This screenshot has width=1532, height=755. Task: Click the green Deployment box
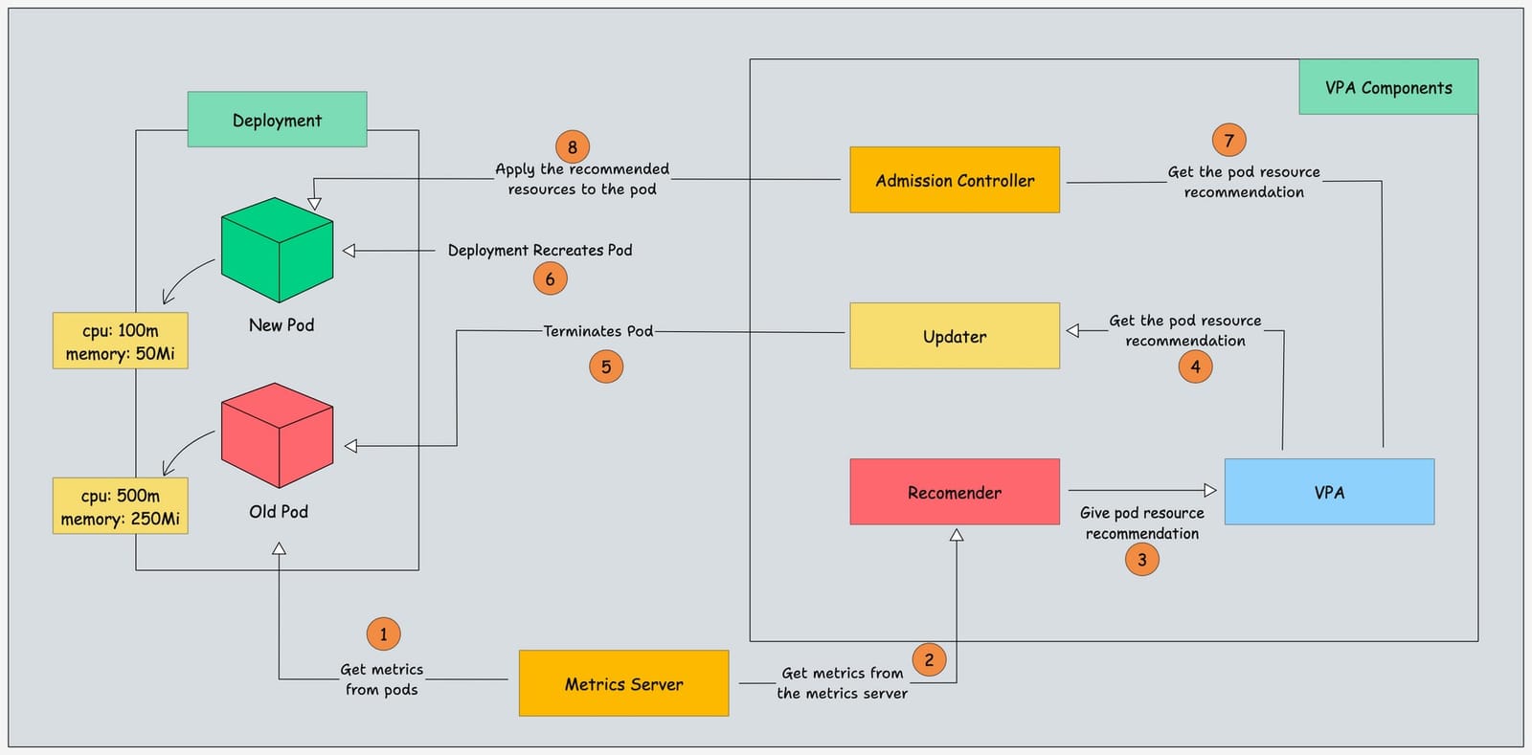[277, 120]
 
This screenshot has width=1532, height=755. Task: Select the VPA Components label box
[1387, 87]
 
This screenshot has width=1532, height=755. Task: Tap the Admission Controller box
[955, 180]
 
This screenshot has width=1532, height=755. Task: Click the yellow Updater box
[955, 336]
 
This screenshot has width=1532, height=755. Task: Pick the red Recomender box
[955, 492]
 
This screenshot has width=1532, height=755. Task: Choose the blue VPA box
[1329, 492]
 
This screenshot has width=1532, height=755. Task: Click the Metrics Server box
[623, 683]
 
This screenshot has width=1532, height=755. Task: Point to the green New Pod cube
[277, 250]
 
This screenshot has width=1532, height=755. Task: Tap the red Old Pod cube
[277, 435]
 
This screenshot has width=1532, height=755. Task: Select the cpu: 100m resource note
[120, 341]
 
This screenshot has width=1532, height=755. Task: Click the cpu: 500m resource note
[120, 506]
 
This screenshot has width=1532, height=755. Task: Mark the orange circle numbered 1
[383, 633]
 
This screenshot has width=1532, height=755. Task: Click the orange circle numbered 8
[573, 147]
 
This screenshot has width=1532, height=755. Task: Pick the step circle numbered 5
[606, 366]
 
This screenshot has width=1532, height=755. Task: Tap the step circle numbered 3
[1141, 560]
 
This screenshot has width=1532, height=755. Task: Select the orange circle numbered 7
[1229, 141]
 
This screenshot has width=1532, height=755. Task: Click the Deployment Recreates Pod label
[540, 250]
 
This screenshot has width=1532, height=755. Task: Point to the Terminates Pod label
[598, 331]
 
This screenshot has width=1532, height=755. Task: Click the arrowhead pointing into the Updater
[1073, 330]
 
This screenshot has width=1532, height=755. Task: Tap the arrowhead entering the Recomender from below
[956, 535]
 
